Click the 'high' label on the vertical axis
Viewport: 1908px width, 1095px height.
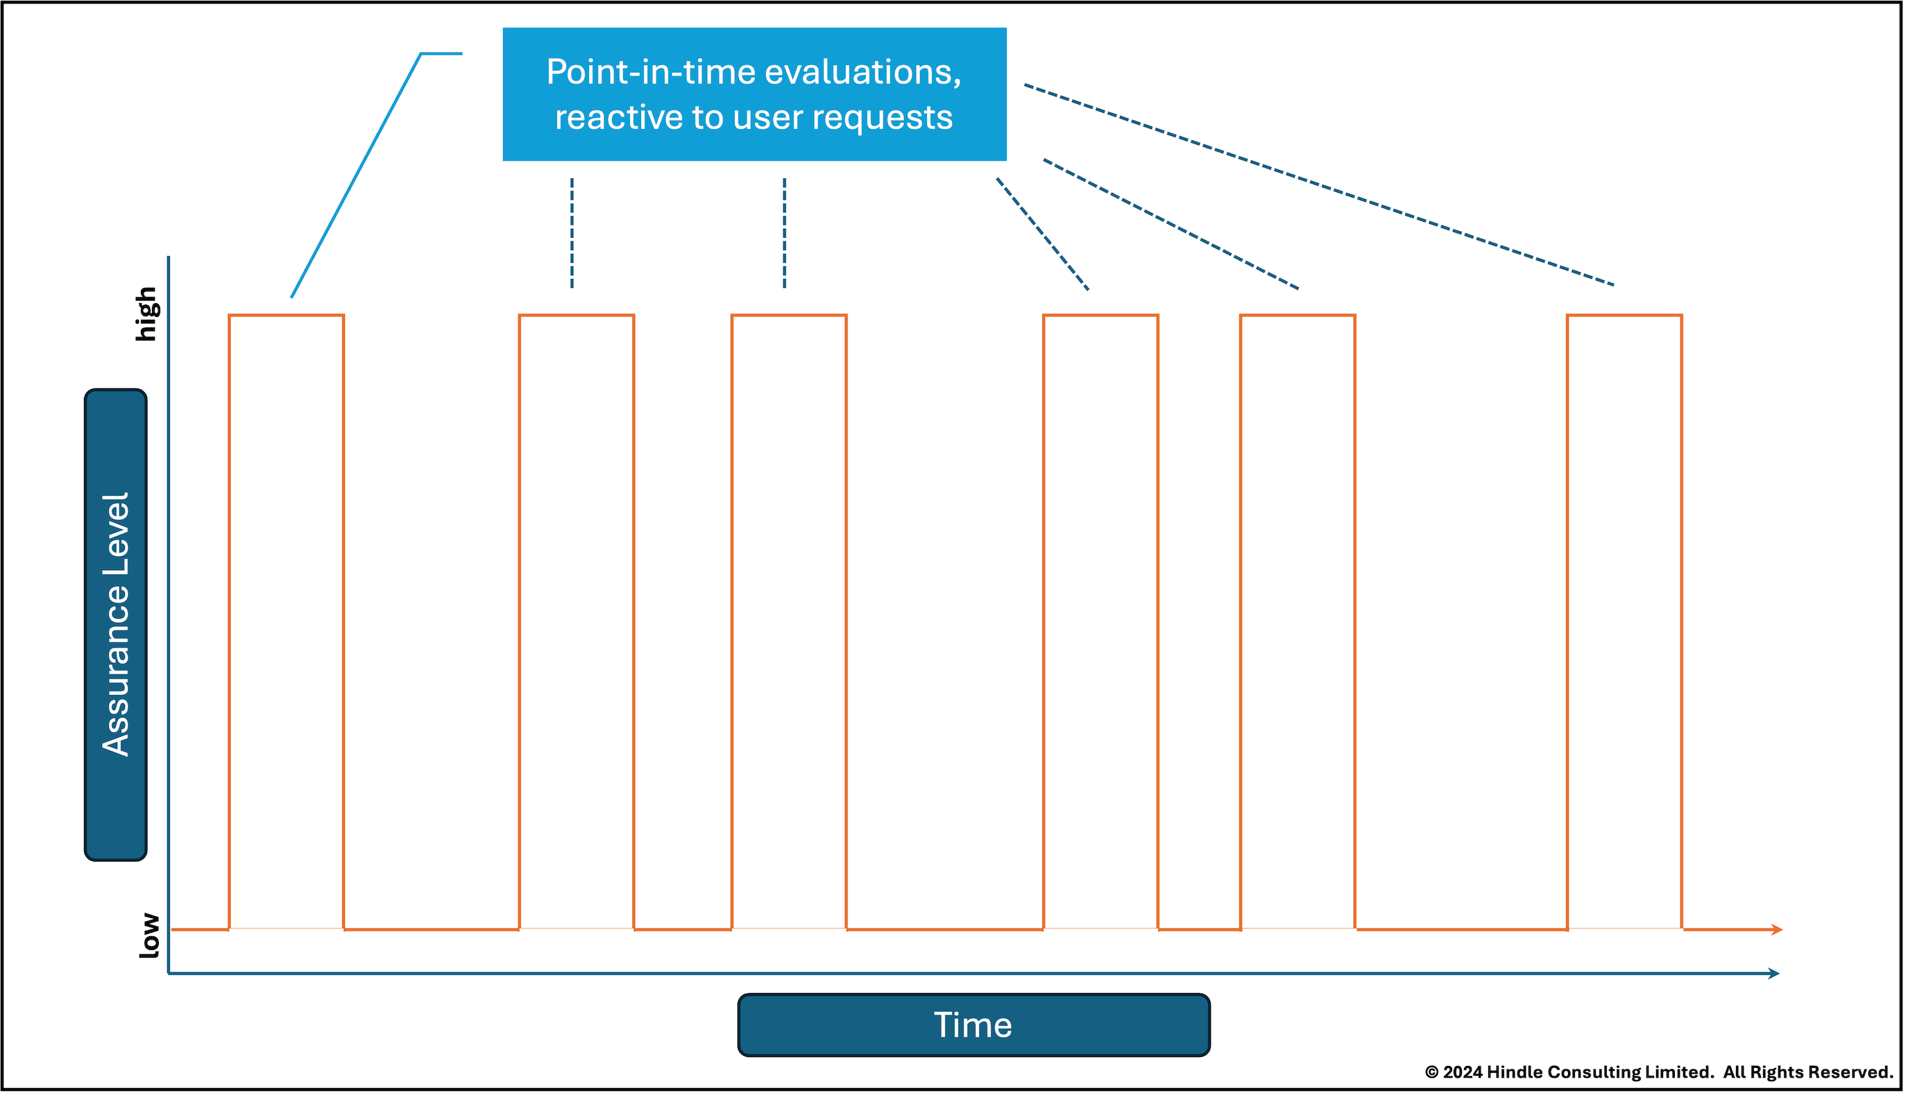146,314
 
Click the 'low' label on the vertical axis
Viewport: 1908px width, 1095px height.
149,936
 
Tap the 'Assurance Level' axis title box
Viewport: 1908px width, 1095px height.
116,624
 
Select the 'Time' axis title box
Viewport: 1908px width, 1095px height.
973,1025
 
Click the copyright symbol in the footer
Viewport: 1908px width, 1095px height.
1432,1072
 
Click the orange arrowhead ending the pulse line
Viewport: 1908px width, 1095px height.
1777,929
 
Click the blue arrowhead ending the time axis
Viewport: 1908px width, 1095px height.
1773,973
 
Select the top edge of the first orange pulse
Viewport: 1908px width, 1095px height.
287,315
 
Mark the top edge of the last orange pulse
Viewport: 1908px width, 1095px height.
1624,315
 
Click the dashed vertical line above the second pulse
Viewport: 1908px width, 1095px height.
572,233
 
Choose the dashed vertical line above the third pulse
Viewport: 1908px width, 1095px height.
785,233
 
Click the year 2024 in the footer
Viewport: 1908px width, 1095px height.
1463,1072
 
